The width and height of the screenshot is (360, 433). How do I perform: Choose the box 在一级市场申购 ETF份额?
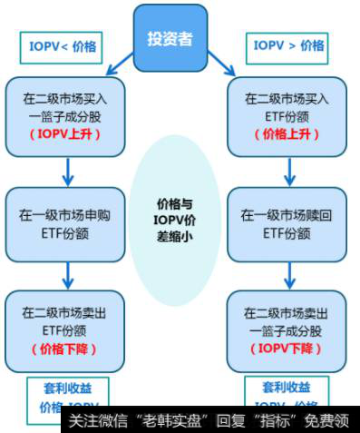coord(66,222)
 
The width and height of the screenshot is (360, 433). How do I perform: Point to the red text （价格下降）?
coord(65,349)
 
